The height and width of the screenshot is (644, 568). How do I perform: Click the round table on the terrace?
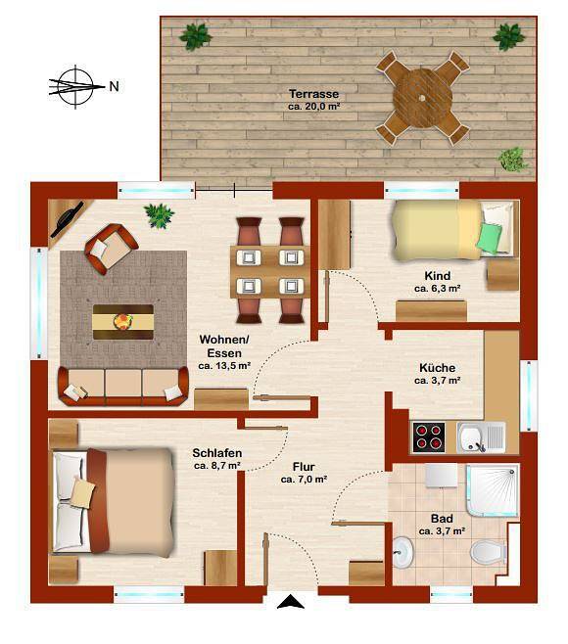[x=422, y=98]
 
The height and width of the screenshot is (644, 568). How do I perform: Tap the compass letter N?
[x=114, y=87]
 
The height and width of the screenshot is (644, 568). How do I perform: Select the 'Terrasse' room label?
[x=313, y=94]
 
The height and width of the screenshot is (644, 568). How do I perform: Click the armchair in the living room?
[x=111, y=249]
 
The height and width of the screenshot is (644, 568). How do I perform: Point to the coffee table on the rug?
[x=123, y=322]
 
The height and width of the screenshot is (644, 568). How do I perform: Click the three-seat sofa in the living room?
[x=123, y=386]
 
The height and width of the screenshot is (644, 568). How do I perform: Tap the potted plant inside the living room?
[x=159, y=215]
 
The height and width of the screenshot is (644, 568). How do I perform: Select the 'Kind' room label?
[x=438, y=276]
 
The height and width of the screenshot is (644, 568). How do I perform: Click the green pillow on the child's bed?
[x=490, y=238]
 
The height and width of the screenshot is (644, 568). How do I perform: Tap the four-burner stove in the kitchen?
[x=429, y=437]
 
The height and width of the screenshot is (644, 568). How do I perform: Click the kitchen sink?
[x=481, y=437]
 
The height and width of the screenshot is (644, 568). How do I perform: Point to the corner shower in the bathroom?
[x=493, y=490]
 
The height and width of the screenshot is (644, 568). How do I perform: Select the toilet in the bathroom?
[x=489, y=552]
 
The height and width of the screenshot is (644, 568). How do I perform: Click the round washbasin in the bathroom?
[x=402, y=552]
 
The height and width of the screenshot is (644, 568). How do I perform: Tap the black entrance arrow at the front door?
[x=291, y=601]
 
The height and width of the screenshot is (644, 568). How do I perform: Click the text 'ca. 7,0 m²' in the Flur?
[x=305, y=480]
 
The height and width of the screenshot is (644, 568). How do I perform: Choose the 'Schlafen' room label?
[x=217, y=453]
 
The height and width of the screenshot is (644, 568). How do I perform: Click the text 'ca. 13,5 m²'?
[x=224, y=365]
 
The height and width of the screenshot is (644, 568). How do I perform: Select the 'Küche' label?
[x=438, y=368]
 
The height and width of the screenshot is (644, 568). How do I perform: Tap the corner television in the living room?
[x=68, y=220]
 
